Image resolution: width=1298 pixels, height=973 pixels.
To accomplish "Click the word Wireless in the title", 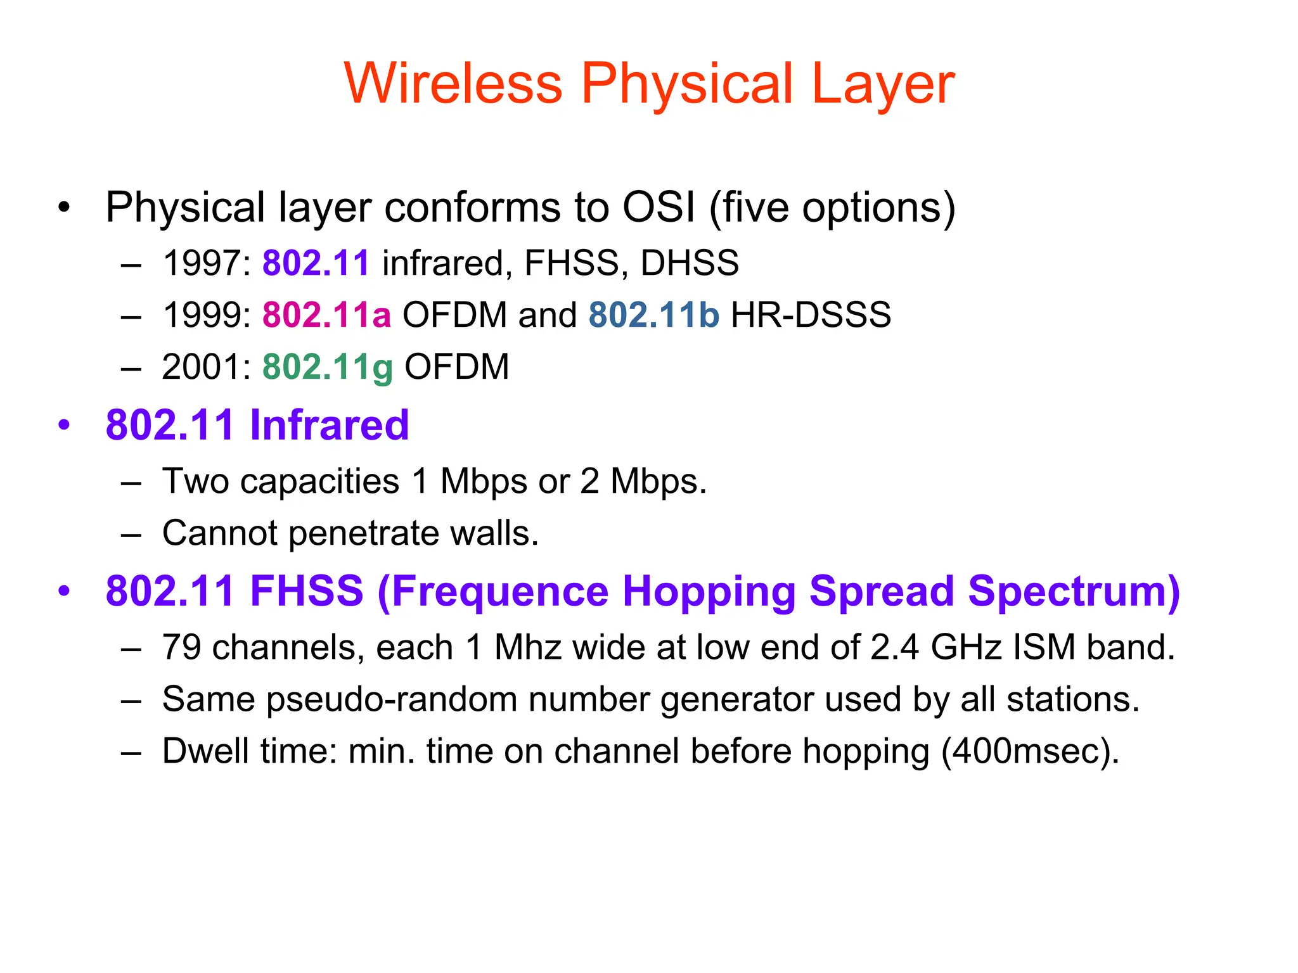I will (453, 84).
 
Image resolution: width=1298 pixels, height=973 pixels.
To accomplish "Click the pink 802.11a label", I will (326, 315).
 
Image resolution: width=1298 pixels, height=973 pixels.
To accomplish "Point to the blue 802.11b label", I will (653, 315).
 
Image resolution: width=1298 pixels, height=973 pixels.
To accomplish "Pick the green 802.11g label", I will (328, 367).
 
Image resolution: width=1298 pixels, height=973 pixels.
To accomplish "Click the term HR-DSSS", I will (811, 315).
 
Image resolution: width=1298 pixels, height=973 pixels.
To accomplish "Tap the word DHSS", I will (690, 263).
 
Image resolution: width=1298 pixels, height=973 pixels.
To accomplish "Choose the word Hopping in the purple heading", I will (709, 591).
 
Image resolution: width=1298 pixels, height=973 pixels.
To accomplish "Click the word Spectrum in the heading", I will (1073, 591).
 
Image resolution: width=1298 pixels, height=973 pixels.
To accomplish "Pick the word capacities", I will (320, 481).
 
